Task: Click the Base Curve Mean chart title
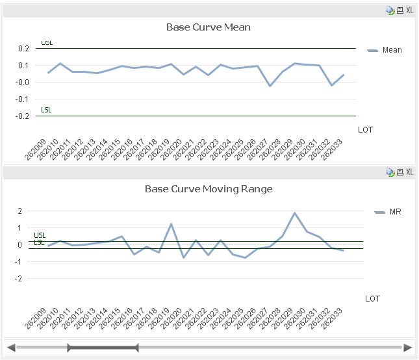tap(208, 27)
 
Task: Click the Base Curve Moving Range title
tap(208, 189)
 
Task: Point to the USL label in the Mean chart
tap(47, 43)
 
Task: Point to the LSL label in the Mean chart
tap(46, 110)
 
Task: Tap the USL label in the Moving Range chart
tap(40, 235)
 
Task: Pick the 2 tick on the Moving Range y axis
tap(20, 211)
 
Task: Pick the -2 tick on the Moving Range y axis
tap(19, 279)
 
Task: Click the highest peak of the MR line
tap(295, 213)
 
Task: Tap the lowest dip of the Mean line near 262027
tap(270, 86)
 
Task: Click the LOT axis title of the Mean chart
tap(365, 130)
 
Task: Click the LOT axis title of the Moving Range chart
tap(372, 299)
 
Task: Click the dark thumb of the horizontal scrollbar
tap(103, 348)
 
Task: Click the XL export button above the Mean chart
tap(409, 10)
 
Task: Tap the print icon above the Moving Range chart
tap(400, 172)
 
